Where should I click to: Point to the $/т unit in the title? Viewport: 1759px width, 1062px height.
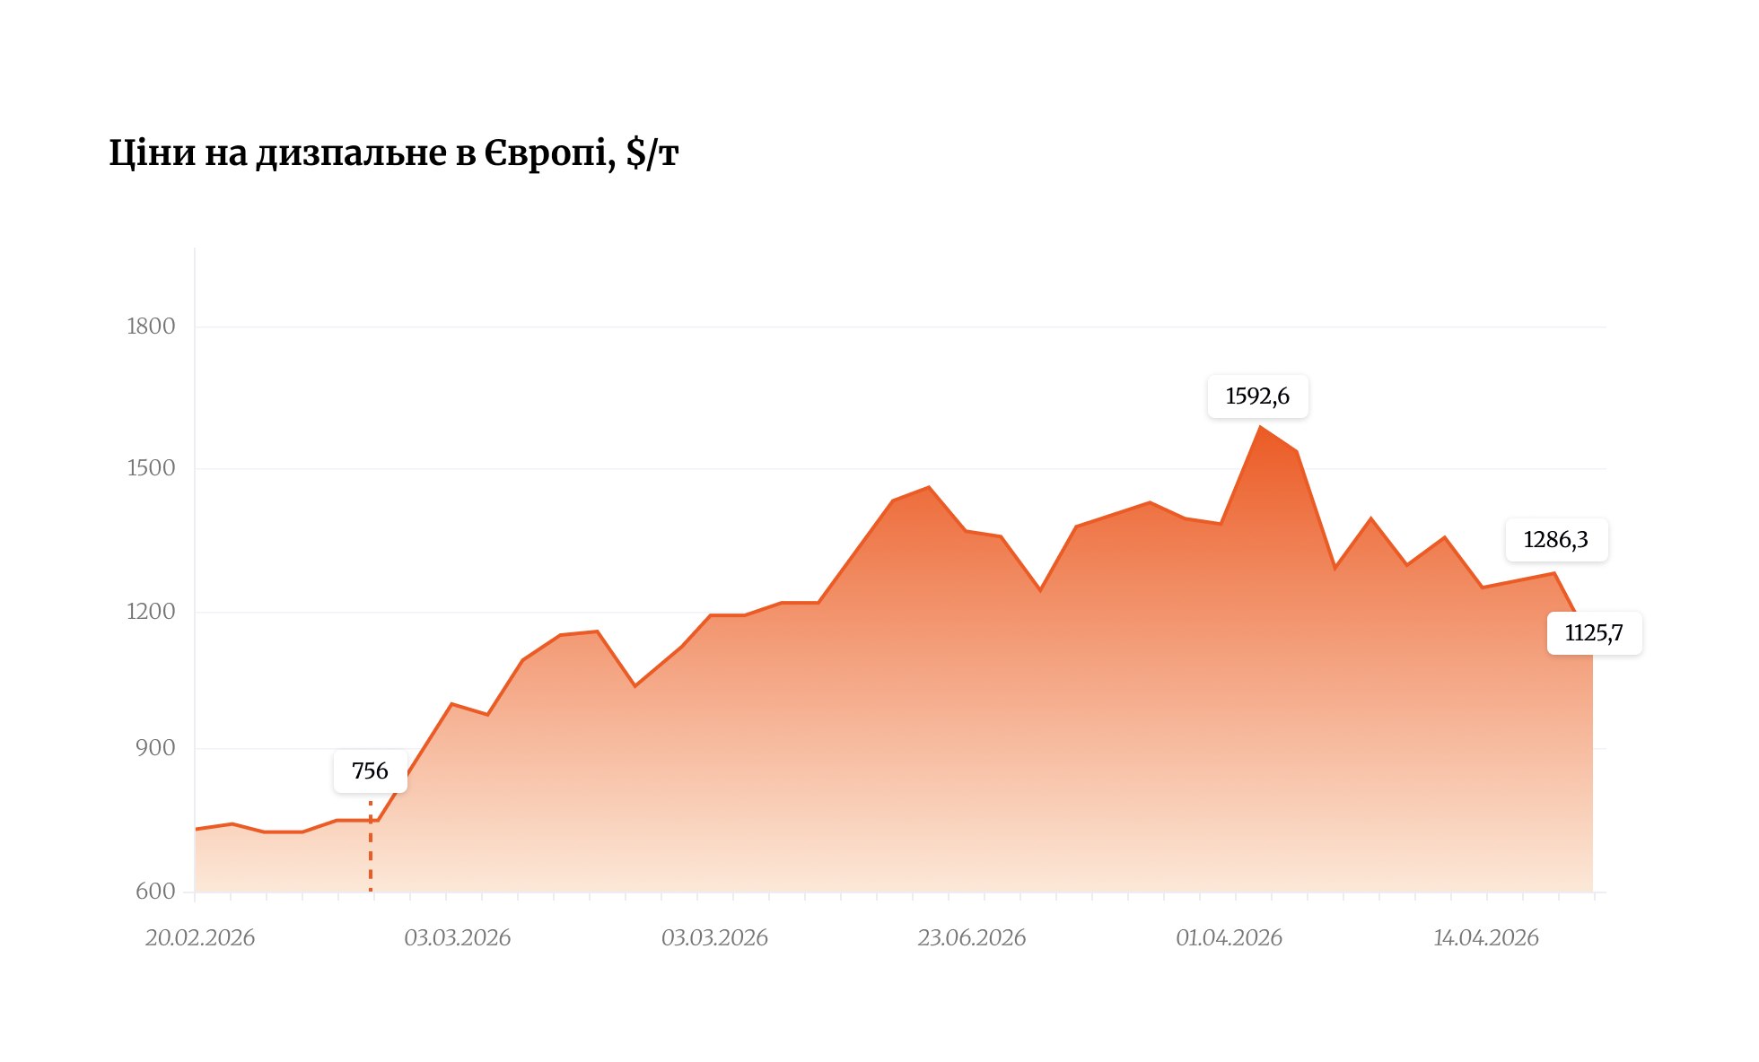pyautogui.click(x=652, y=153)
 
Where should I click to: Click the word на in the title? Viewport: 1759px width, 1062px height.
pyautogui.click(x=226, y=154)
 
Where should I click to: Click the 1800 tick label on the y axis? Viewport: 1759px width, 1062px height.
pyautogui.click(x=151, y=326)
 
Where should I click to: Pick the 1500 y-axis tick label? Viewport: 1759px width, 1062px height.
pyautogui.click(x=151, y=468)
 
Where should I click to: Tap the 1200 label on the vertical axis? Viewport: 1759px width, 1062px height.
pyautogui.click(x=151, y=612)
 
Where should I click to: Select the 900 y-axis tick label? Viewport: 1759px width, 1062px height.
pyautogui.click(x=156, y=748)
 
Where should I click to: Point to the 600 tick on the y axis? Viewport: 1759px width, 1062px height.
pyautogui.click(x=156, y=892)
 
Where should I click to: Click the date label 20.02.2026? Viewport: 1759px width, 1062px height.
pyautogui.click(x=200, y=938)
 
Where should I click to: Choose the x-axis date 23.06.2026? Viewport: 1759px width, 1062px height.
pyautogui.click(x=971, y=938)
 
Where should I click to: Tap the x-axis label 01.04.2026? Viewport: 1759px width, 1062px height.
pyautogui.click(x=1229, y=938)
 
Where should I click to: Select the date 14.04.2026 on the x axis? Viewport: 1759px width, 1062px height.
pyautogui.click(x=1486, y=938)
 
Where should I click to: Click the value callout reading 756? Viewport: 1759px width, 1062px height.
pyautogui.click(x=370, y=771)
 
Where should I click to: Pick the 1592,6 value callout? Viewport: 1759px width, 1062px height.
pyautogui.click(x=1257, y=396)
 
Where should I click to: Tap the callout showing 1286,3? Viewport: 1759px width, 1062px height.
pyautogui.click(x=1556, y=540)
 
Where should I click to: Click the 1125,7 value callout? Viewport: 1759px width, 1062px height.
pyautogui.click(x=1594, y=633)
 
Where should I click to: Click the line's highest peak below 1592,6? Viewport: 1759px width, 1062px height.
pyautogui.click(x=1260, y=427)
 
